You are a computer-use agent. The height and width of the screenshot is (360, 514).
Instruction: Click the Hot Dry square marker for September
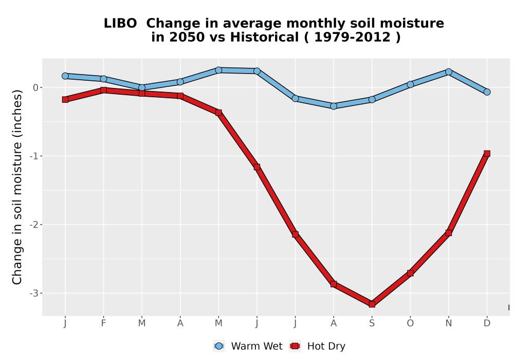click(x=372, y=304)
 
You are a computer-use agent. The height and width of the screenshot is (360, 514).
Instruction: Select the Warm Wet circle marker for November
click(x=449, y=72)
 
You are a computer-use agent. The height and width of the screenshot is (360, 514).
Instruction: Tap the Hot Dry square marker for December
click(x=487, y=153)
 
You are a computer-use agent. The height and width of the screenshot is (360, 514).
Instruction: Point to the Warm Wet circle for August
click(x=334, y=106)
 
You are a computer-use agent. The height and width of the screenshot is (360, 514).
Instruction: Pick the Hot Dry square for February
click(x=104, y=90)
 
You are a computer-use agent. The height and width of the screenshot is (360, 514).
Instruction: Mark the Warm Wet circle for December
click(x=487, y=92)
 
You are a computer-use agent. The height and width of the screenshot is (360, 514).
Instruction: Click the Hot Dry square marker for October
click(x=410, y=273)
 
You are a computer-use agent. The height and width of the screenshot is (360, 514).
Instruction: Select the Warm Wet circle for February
click(x=104, y=79)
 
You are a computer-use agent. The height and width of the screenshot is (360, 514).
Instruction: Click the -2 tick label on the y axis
click(x=34, y=225)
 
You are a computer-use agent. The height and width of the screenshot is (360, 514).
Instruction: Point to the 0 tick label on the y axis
click(x=36, y=87)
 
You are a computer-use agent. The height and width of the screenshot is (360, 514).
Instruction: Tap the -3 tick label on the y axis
click(x=34, y=293)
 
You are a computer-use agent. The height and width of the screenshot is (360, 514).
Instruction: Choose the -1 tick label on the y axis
click(x=34, y=156)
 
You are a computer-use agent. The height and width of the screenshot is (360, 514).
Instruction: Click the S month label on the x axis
click(x=372, y=323)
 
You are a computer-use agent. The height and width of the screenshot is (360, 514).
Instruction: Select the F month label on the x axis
click(x=104, y=323)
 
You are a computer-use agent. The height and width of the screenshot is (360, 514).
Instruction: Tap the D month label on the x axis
click(x=487, y=323)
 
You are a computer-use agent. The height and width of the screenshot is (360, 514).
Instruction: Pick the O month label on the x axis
click(x=410, y=323)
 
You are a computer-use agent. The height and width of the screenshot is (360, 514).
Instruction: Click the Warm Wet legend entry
click(x=248, y=346)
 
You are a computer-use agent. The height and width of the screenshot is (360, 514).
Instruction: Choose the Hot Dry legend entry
click(x=317, y=346)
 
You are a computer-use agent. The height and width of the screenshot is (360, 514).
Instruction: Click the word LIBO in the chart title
click(x=120, y=24)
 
